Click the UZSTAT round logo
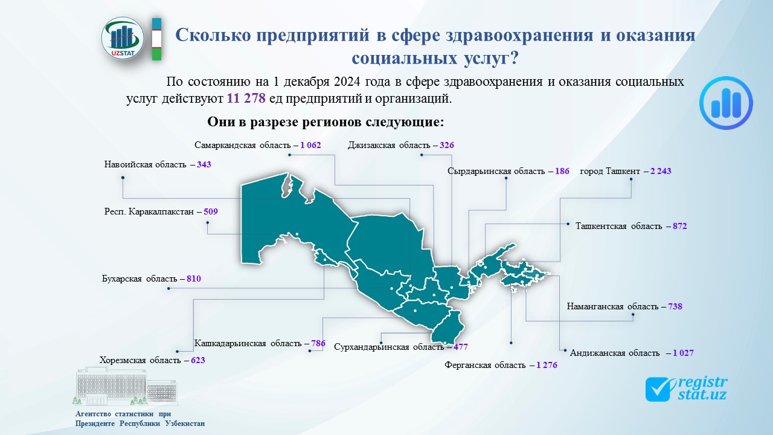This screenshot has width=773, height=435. tap(123, 38)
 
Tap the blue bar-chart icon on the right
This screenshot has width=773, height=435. tap(726, 103)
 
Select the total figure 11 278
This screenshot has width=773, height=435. tap(246, 98)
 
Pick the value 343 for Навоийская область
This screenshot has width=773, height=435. tap(204, 164)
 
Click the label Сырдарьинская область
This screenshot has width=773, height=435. tap(496, 171)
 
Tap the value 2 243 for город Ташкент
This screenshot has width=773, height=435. tap(661, 171)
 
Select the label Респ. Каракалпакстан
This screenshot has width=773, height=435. tap(149, 212)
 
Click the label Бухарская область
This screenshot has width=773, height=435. tap(138, 279)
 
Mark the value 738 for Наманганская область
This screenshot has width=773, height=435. tap(675, 306)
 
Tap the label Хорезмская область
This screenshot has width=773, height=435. tap(140, 361)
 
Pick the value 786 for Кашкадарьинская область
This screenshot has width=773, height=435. tap(318, 344)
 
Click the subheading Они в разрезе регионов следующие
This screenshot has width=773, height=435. tap(326, 122)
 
